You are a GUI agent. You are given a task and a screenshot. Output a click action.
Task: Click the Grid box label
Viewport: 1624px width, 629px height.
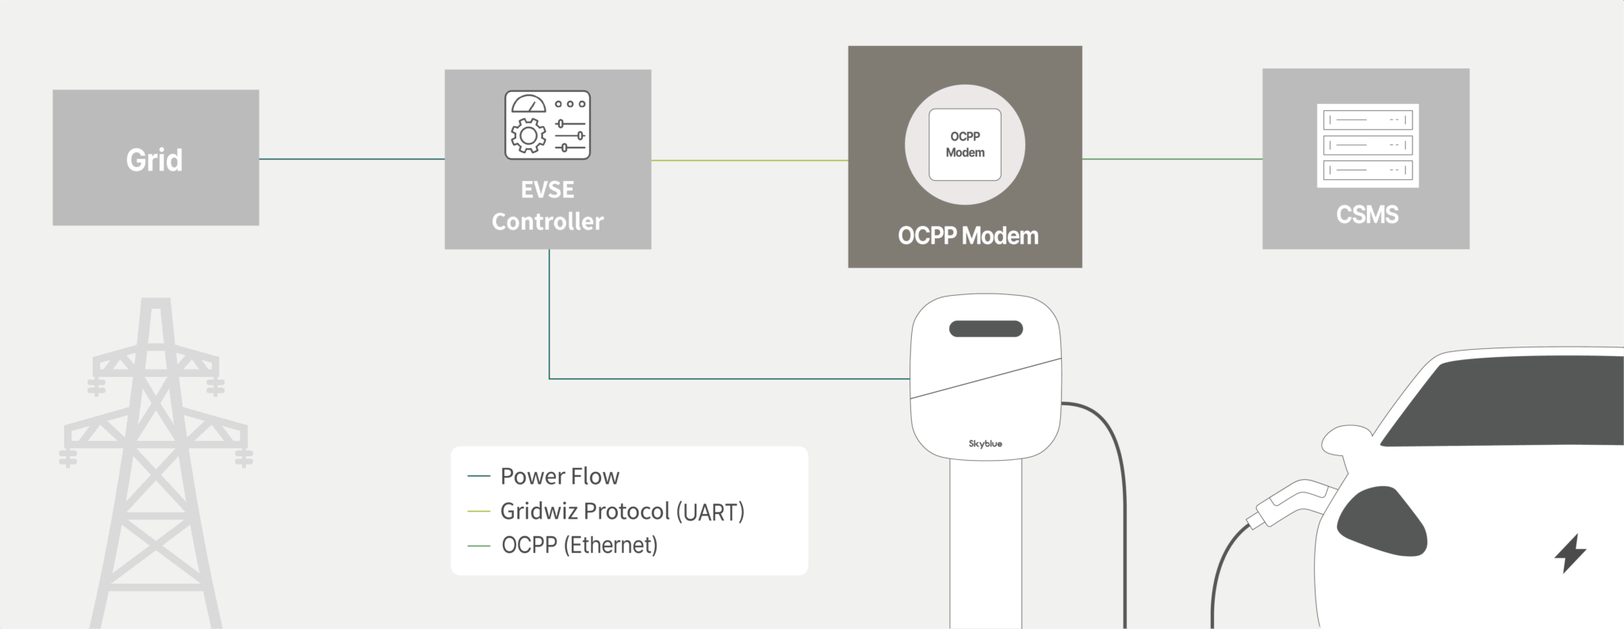[x=155, y=160]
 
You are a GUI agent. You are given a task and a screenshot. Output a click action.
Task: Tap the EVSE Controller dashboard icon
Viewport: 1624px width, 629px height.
[x=548, y=125]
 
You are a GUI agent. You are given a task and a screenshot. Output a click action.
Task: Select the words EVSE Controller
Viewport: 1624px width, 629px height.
[x=548, y=205]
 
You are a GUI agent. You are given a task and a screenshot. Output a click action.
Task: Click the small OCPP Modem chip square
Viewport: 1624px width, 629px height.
[x=965, y=144]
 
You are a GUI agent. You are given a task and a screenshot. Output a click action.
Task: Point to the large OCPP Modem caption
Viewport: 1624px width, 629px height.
[x=968, y=236]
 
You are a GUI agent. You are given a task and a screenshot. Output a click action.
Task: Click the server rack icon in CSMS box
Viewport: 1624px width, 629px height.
[x=1368, y=146]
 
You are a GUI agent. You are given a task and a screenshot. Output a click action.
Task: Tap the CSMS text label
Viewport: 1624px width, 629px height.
[x=1368, y=215]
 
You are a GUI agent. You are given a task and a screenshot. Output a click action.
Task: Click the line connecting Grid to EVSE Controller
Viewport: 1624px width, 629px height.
[x=352, y=159]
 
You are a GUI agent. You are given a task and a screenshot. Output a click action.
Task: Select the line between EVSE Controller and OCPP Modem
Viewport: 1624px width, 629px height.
[x=750, y=160]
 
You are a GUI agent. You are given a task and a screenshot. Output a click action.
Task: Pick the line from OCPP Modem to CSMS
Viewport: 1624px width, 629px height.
[x=1173, y=159]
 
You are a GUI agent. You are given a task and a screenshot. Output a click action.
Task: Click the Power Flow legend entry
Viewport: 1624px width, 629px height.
[x=544, y=476]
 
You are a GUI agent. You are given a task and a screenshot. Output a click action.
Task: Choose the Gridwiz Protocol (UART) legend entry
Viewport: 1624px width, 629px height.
[x=607, y=512]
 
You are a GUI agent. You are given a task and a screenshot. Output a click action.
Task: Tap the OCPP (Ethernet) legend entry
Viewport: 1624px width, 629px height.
[x=563, y=546]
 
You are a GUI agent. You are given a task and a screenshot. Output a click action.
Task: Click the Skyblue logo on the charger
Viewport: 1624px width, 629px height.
[x=986, y=444]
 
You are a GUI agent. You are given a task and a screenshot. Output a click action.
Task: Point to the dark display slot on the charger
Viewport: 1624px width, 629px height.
[x=986, y=328]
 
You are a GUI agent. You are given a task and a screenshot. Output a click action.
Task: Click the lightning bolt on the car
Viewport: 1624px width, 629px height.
[x=1570, y=553]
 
